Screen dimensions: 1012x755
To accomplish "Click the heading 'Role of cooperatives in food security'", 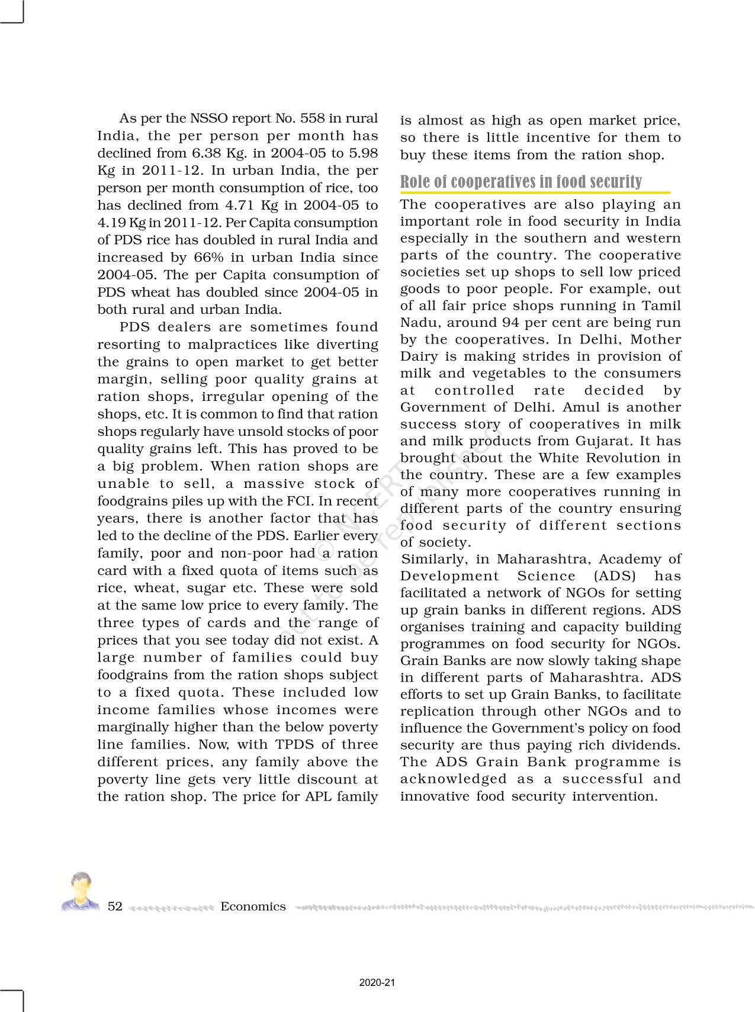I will click(x=521, y=181).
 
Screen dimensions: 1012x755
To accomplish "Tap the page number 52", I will click(x=115, y=906).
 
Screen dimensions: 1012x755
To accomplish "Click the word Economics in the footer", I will click(x=253, y=906).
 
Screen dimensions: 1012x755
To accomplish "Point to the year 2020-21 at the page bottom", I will click(x=377, y=983).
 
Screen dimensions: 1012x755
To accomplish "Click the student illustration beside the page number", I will click(x=80, y=891).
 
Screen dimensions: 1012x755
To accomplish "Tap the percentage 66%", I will click(x=209, y=257).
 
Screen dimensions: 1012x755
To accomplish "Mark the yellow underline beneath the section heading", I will click(x=535, y=192).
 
